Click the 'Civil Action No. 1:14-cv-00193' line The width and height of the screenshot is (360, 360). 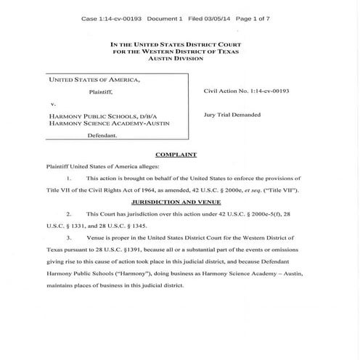point(246,92)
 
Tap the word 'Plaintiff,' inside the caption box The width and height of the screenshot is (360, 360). point(102,92)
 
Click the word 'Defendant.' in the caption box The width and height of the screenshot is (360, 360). point(102,136)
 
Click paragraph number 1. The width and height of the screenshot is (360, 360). point(67,177)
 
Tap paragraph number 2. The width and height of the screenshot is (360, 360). point(67,215)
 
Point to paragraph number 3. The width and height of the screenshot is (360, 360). point(67,237)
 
